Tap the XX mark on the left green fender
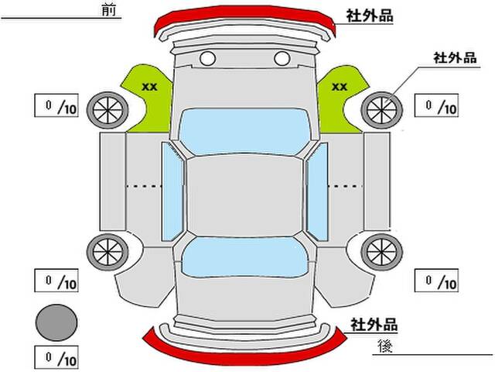tap(149, 87)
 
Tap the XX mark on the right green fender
tap(339, 87)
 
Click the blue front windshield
tap(244, 129)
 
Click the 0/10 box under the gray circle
tap(56, 358)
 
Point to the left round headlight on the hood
tap(207, 58)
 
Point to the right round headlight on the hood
tap(282, 58)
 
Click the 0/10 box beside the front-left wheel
tap(56, 105)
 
